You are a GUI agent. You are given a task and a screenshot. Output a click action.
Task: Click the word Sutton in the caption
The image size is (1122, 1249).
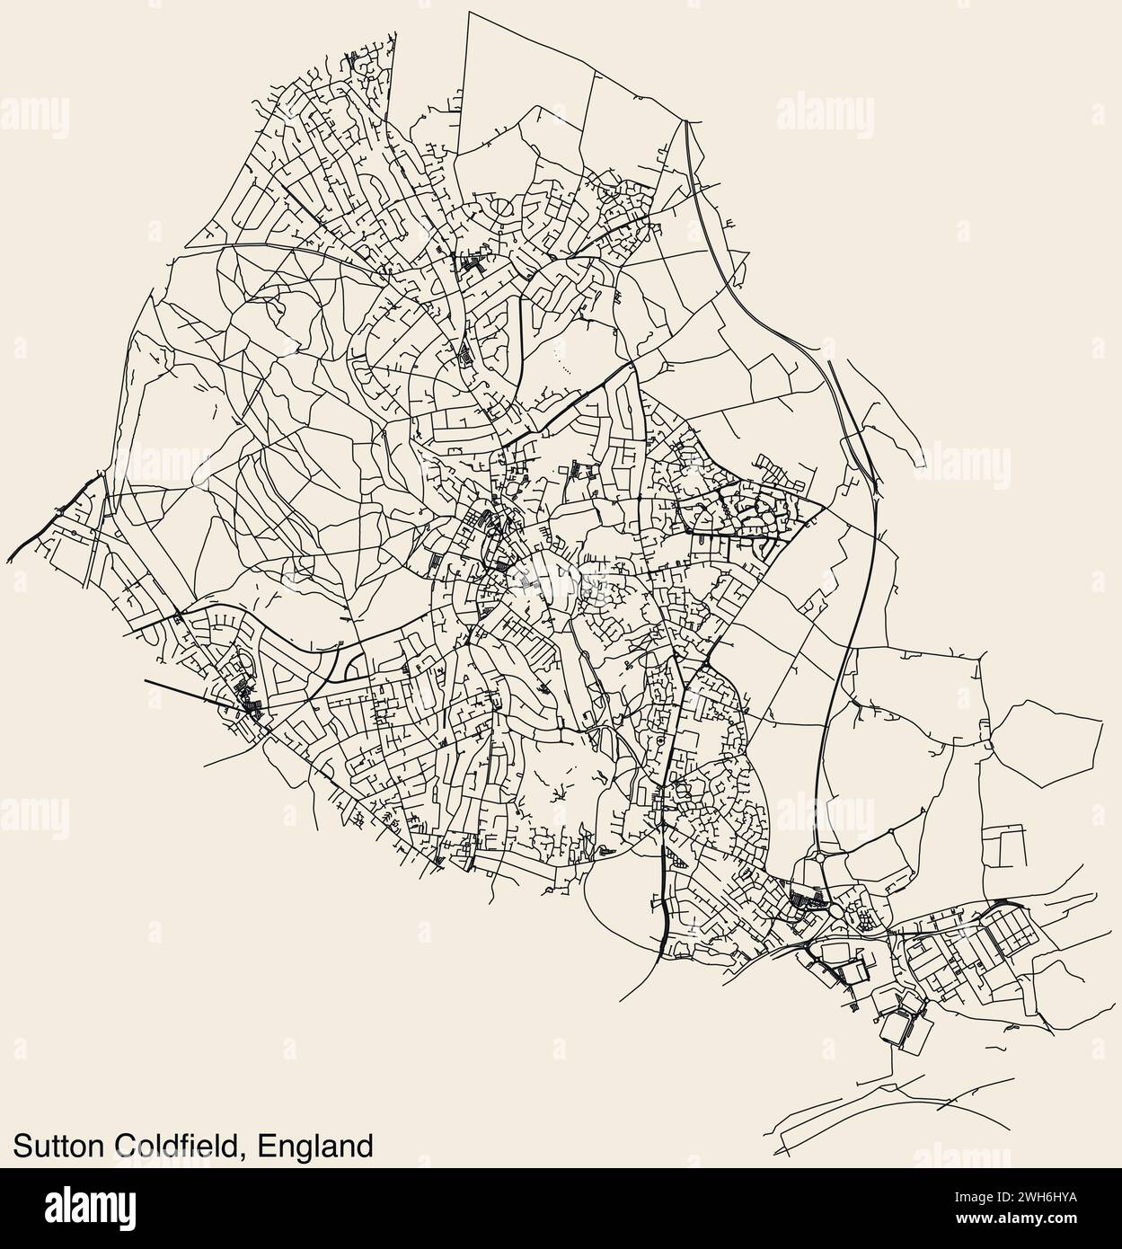58,1145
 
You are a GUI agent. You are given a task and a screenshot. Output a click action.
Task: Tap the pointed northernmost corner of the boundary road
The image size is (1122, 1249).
467,13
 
